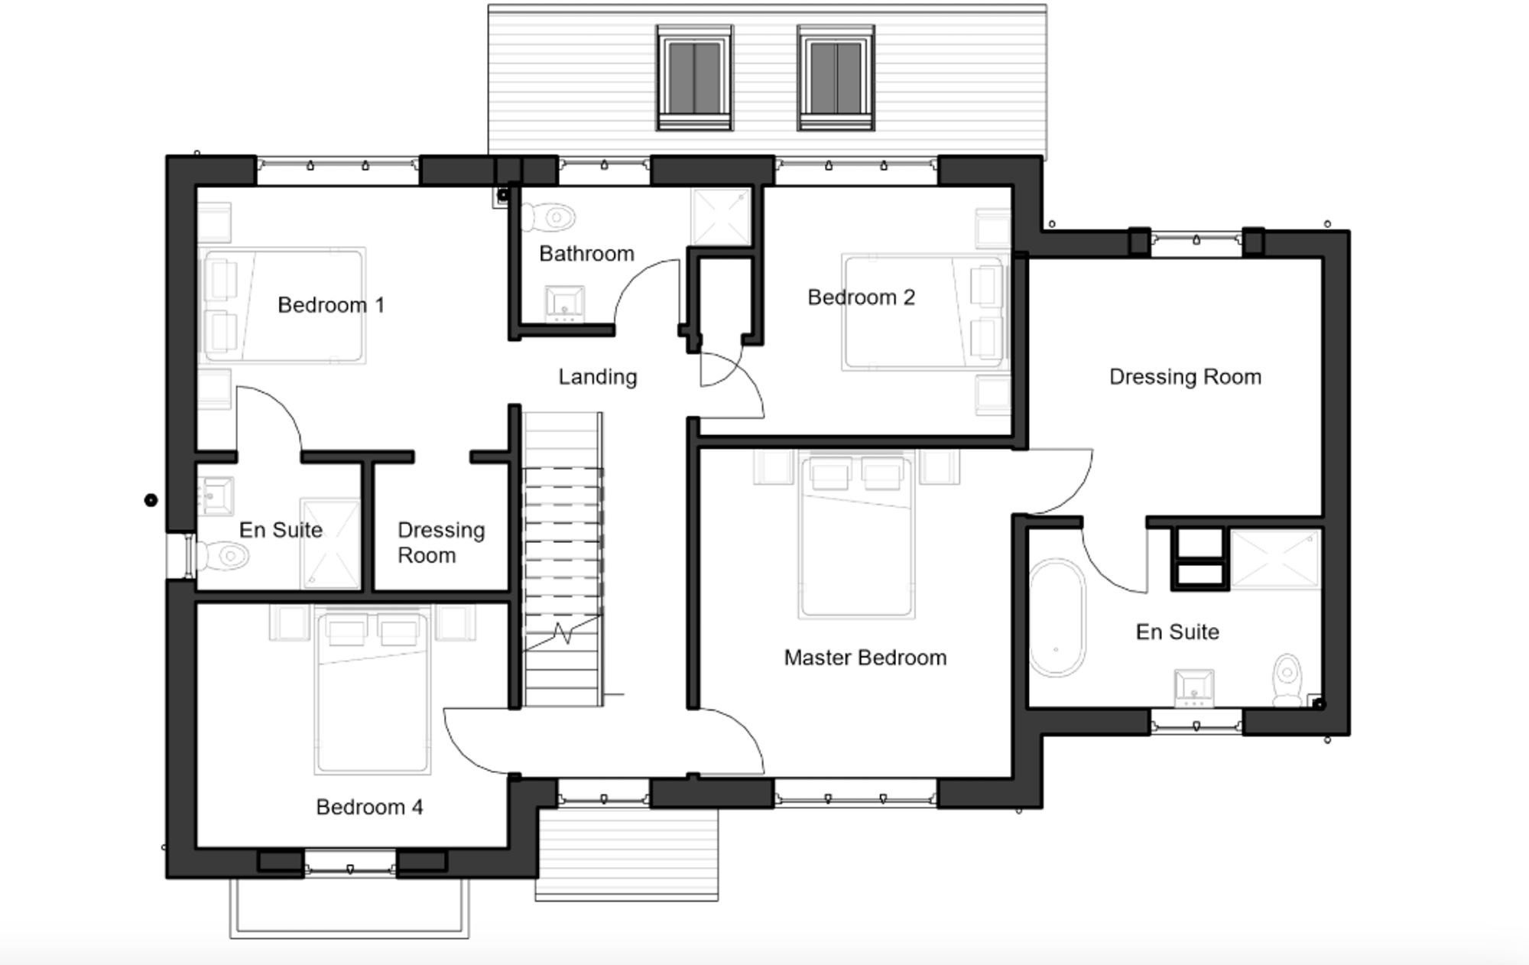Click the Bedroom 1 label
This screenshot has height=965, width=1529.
coord(330,305)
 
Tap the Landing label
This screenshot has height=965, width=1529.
coord(597,377)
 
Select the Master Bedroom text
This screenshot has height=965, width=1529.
coord(865,658)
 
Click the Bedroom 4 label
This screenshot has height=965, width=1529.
coord(369,807)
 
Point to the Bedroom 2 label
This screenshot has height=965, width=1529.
coord(861,297)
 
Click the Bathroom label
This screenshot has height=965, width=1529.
coord(586,254)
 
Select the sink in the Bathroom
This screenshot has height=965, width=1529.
coord(565,304)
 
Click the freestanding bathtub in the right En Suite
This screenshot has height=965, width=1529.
coord(1057,618)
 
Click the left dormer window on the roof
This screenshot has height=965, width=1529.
coord(694,77)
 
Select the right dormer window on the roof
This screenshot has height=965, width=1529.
coord(836,77)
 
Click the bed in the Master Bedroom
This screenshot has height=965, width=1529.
coord(856,535)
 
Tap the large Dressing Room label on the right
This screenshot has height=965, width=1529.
coord(1185,377)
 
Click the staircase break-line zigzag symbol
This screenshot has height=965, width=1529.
coord(563,634)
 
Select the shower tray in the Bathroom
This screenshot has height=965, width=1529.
coord(720,216)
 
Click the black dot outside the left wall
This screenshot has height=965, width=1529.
coord(151,500)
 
